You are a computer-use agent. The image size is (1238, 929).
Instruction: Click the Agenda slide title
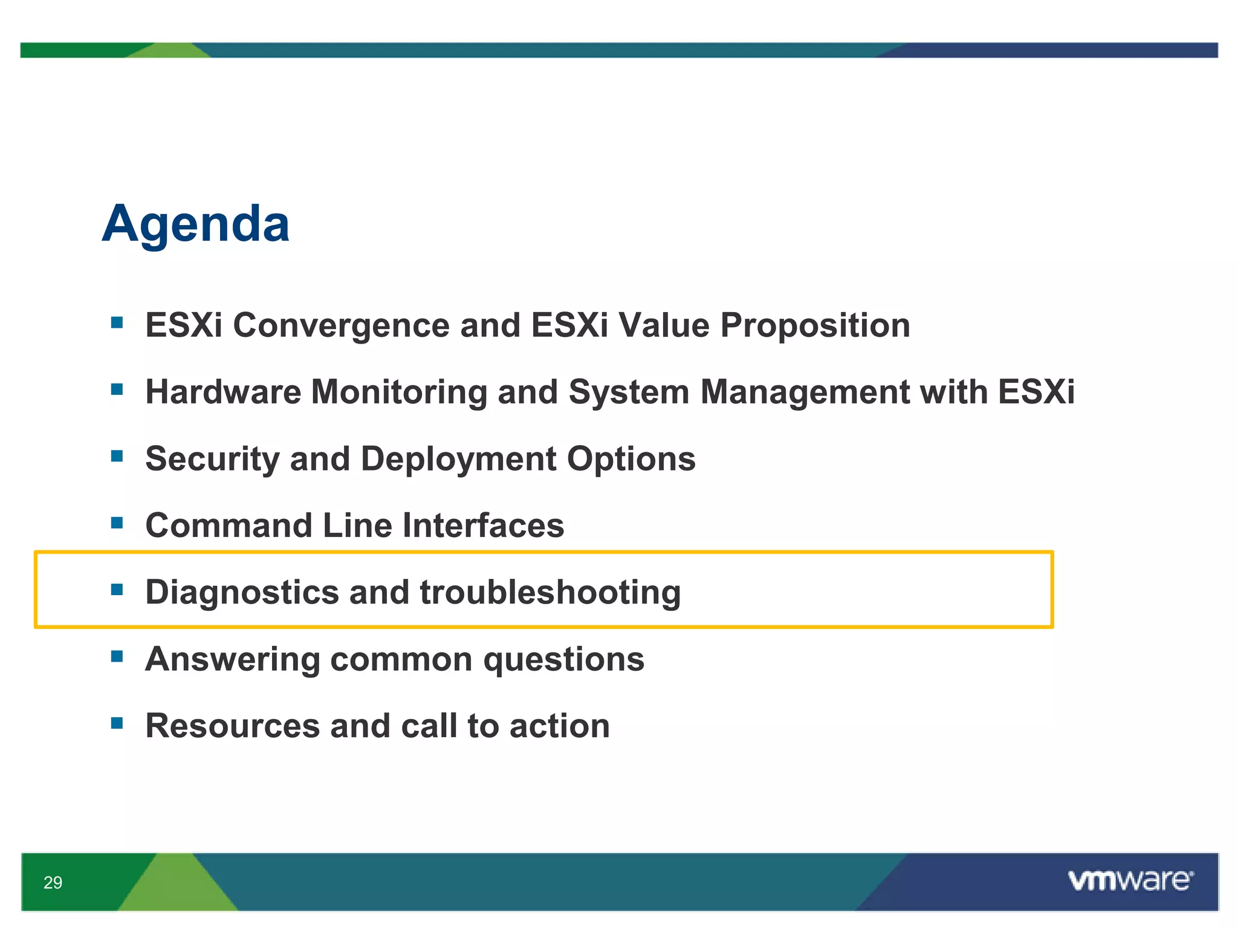(x=196, y=224)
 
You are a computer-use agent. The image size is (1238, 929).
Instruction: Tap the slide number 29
(x=53, y=882)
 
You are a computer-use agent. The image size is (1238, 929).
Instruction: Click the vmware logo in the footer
(x=1130, y=881)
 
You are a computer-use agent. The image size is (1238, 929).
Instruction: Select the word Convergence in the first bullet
(x=341, y=325)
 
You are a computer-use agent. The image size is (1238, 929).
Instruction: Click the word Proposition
(x=815, y=325)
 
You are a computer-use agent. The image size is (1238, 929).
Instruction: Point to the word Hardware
(x=223, y=392)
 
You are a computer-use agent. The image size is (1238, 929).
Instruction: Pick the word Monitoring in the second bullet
(x=398, y=392)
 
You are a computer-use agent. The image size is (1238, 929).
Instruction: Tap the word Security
(x=212, y=459)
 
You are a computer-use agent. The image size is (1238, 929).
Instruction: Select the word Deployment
(x=458, y=459)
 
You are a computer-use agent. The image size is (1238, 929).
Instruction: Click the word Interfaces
(x=483, y=525)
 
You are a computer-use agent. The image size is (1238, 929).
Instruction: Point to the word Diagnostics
(x=242, y=592)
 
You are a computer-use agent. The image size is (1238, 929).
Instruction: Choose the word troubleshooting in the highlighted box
(x=550, y=592)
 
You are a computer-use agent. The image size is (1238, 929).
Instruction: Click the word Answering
(x=232, y=659)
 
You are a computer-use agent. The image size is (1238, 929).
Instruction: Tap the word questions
(x=563, y=659)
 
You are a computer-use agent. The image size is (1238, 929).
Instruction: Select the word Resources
(x=232, y=726)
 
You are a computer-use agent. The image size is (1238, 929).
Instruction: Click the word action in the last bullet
(x=559, y=726)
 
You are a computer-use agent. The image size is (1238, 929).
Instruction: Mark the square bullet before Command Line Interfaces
(x=117, y=523)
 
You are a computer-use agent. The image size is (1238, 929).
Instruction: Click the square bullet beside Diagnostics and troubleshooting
(x=117, y=589)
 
